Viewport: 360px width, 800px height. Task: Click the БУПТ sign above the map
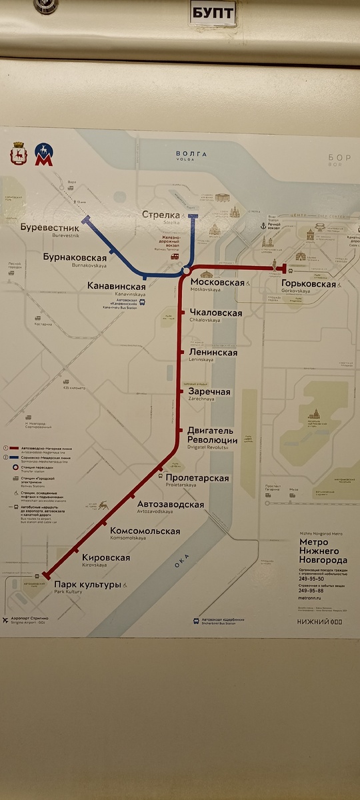tap(212, 13)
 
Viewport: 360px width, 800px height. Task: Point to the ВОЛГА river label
tap(191, 154)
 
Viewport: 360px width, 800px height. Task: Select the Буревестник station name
tap(50, 227)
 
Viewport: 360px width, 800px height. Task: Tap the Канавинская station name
tap(117, 286)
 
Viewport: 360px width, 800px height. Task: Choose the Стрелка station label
tap(161, 215)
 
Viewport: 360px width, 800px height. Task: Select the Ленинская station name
tap(213, 352)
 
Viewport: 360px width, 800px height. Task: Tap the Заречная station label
tap(209, 392)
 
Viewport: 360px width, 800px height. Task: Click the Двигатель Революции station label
tap(212, 435)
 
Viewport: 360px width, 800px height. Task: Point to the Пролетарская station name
tap(198, 478)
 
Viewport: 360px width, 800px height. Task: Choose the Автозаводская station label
tap(170, 505)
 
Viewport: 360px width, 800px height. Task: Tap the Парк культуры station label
tap(87, 585)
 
